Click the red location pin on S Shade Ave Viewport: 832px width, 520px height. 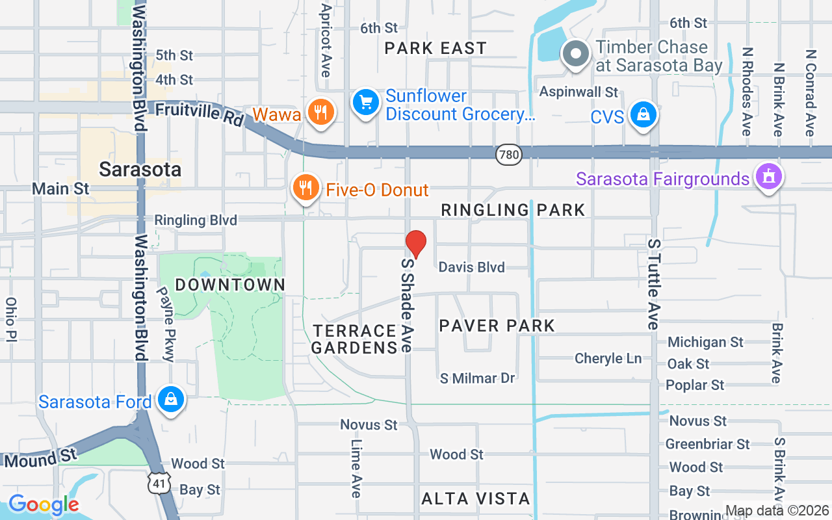coord(416,244)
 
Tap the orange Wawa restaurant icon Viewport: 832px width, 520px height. coord(319,112)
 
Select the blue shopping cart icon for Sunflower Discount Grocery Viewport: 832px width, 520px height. coord(366,103)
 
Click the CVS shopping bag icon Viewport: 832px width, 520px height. coord(643,116)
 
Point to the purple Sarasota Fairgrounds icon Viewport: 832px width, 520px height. coord(769,177)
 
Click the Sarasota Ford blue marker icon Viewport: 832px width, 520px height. coord(170,400)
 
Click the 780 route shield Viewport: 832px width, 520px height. coord(508,154)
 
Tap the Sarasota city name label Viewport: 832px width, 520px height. coord(140,170)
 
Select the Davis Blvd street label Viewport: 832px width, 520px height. coord(471,267)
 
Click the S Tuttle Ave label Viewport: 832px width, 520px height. coord(654,283)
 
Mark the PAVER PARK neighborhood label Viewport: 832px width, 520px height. coord(497,326)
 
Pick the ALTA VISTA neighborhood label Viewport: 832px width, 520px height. coord(476,499)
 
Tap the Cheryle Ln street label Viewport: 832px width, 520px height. coord(608,358)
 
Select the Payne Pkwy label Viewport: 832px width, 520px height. coord(166,324)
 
